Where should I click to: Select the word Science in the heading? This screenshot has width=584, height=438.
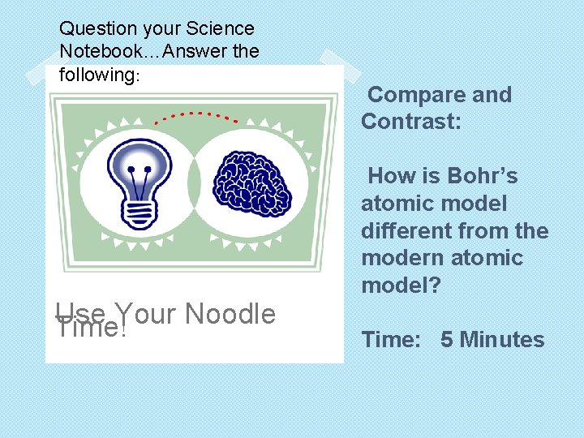click(x=220, y=28)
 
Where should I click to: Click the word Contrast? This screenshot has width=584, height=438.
click(x=410, y=122)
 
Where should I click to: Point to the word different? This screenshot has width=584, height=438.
click(x=408, y=230)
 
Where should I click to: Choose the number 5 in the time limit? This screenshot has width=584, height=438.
click(x=447, y=339)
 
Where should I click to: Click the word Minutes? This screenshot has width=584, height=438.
click(x=502, y=339)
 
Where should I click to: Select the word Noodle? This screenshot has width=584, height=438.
click(x=230, y=314)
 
